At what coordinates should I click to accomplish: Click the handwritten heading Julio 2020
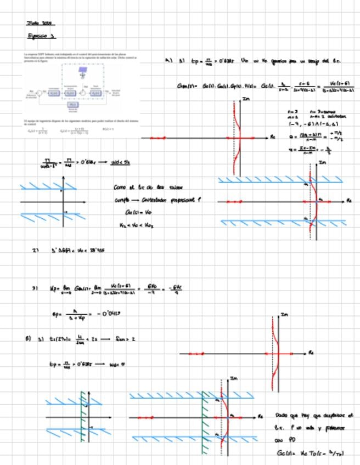(x=41, y=23)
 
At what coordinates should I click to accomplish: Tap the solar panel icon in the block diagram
(x=83, y=71)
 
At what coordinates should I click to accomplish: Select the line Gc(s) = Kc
(x=134, y=212)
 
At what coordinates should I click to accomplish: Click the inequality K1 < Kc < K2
(x=135, y=225)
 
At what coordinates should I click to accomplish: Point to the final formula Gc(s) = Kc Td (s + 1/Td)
(x=310, y=453)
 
